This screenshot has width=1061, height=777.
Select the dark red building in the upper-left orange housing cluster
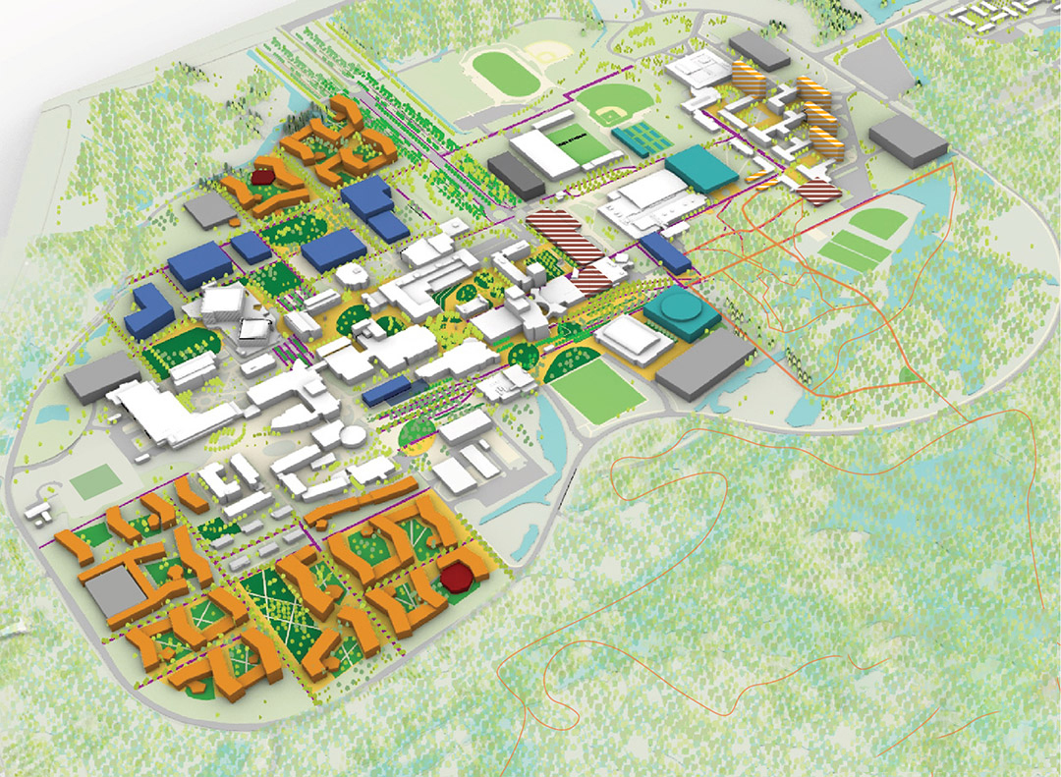[262, 176]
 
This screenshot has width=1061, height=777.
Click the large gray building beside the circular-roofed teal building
[705, 362]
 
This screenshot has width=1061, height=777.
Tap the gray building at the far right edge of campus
[911, 138]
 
